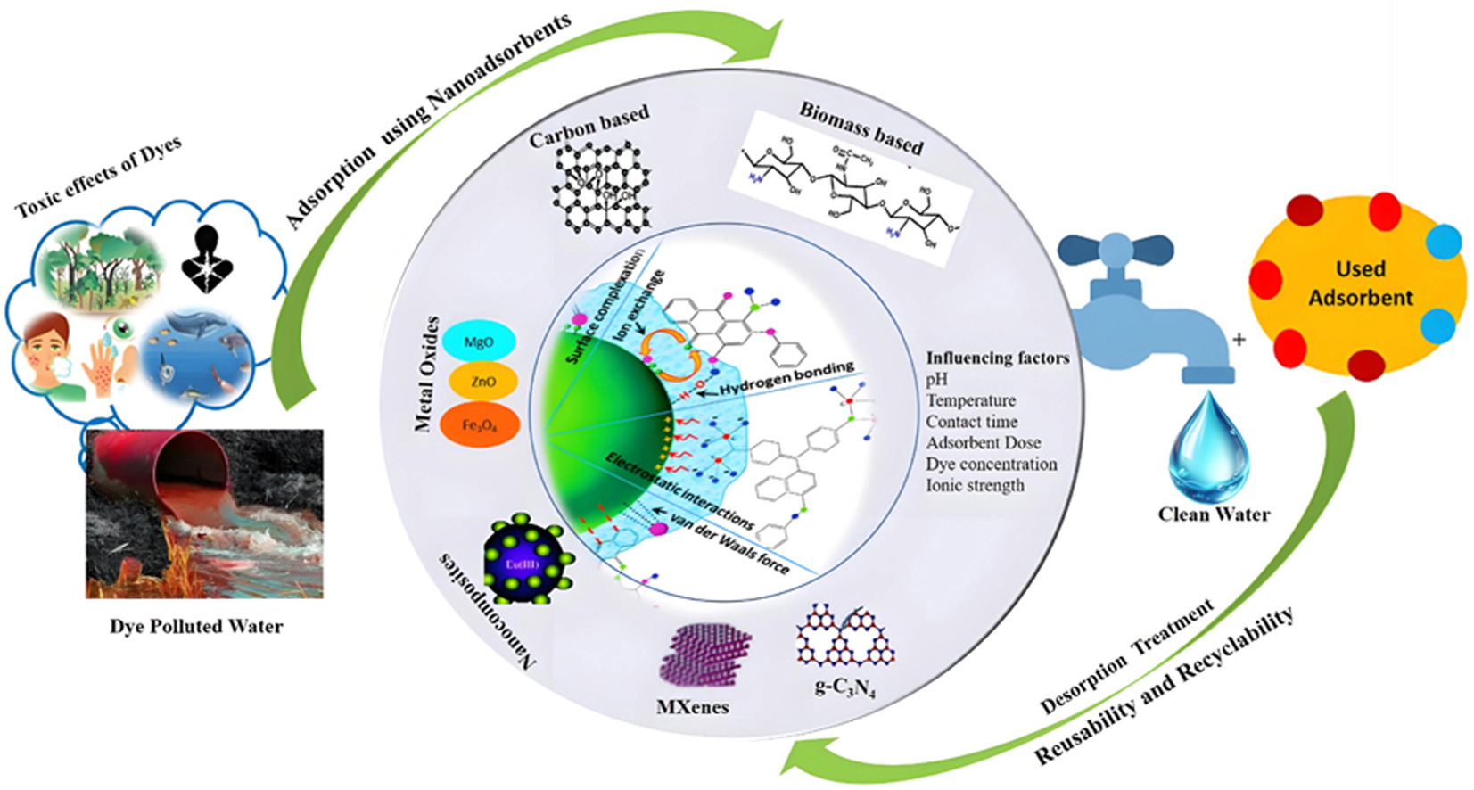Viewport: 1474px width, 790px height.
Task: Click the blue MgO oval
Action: pos(479,342)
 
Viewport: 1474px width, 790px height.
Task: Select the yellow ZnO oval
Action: pos(482,382)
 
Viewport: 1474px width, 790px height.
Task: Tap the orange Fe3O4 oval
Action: pos(479,424)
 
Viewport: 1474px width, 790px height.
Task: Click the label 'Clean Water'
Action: pos(1214,514)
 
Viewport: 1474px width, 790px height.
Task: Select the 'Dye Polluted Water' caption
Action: pos(196,626)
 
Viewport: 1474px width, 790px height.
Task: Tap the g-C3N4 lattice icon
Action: pos(843,638)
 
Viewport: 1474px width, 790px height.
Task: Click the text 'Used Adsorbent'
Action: pos(1360,284)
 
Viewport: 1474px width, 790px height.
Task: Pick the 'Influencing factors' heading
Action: pos(997,358)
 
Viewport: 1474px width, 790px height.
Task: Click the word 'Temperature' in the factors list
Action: pos(970,400)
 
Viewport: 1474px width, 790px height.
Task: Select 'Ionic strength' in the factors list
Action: pos(975,485)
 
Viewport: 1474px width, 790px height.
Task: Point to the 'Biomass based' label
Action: pos(861,128)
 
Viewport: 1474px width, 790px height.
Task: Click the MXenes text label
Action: pos(692,707)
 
